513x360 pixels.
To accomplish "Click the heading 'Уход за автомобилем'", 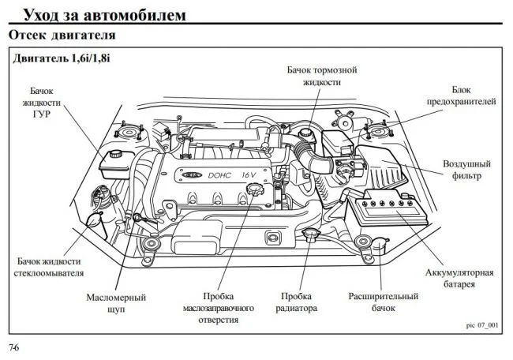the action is coord(105,15).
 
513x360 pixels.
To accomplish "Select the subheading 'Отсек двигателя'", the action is coord(62,35).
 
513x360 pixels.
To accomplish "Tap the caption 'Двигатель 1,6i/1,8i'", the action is coord(62,58).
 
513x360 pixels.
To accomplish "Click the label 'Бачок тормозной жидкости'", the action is coord(322,76).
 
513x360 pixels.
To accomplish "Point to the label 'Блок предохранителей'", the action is coord(462,96).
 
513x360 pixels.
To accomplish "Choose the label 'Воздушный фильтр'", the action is coord(467,170).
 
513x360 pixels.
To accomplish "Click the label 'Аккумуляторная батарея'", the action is coord(459,278).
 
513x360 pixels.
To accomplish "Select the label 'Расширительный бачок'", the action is coord(383,302).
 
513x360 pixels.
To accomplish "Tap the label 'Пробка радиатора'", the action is coord(296,302).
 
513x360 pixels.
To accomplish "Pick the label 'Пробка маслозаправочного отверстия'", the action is coord(218,308).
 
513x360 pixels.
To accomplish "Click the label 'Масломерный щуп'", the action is coord(116,303).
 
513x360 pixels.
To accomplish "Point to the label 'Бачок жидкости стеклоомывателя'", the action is coord(49,267).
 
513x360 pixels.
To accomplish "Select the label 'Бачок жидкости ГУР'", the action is coord(42,103).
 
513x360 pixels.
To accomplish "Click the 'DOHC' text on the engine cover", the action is coord(219,175).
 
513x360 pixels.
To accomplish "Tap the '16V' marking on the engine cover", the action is coord(249,174).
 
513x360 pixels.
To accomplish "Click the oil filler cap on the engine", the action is coord(253,189).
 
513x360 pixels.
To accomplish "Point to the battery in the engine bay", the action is coord(387,208).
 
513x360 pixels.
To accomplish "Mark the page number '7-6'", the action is coord(14,347).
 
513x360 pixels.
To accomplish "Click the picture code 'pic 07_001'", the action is coord(482,325).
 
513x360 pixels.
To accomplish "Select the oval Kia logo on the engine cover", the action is coord(193,175).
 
